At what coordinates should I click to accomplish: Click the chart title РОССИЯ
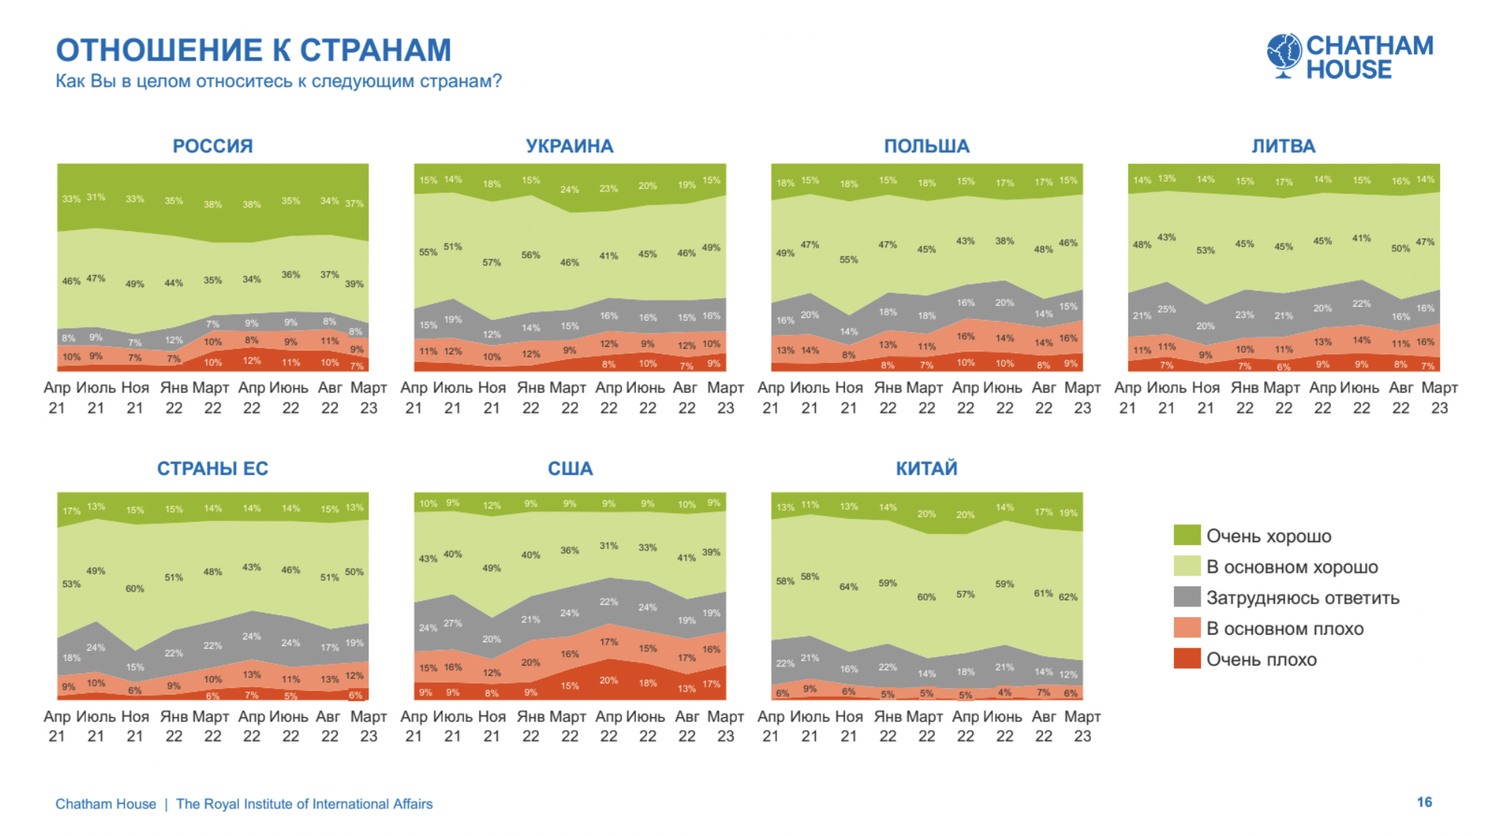[212, 146]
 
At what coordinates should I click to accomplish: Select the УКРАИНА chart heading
[569, 146]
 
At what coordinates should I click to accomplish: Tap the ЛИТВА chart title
[1283, 146]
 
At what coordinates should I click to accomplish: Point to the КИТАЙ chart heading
[927, 469]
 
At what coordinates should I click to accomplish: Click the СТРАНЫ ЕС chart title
[212, 469]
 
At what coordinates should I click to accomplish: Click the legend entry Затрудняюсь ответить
[1302, 598]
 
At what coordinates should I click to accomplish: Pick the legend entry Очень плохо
[1261, 660]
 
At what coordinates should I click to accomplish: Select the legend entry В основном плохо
[1284, 629]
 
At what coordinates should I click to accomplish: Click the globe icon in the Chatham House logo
[1284, 55]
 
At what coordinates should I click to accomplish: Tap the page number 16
[1424, 802]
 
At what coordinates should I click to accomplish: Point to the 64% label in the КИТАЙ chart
[848, 587]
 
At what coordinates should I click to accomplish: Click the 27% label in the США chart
[453, 623]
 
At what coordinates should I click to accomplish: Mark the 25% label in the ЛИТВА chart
[1166, 309]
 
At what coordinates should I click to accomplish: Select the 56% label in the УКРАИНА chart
[531, 255]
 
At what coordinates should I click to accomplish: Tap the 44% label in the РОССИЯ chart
[173, 283]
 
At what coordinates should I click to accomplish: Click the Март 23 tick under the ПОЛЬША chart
[1082, 398]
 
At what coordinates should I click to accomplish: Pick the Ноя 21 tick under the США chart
[492, 726]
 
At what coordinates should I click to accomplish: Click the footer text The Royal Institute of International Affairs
[304, 804]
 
